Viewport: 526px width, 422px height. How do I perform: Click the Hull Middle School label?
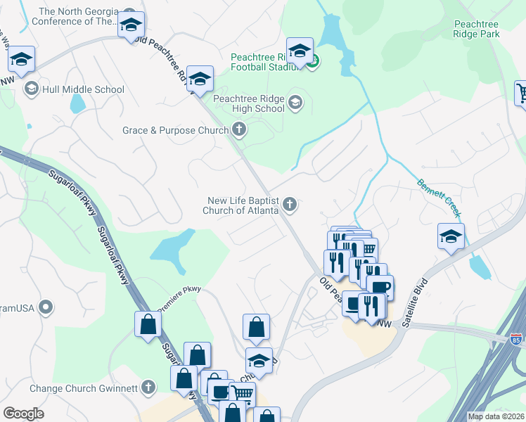(x=83, y=89)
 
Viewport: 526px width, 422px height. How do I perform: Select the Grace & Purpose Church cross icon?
(x=239, y=129)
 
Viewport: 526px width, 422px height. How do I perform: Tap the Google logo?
(x=23, y=414)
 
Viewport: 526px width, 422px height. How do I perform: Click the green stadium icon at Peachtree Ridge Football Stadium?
(x=313, y=60)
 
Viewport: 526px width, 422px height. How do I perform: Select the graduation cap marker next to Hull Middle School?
(x=22, y=61)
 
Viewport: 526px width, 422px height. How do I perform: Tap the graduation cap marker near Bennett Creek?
(x=451, y=237)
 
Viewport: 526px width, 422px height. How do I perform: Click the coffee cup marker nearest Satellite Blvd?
(x=380, y=287)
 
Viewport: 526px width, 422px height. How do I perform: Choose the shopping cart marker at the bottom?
(x=242, y=395)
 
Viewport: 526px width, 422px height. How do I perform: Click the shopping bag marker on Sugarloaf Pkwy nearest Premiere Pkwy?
(x=148, y=324)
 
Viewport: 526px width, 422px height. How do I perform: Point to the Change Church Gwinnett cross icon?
(x=148, y=387)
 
